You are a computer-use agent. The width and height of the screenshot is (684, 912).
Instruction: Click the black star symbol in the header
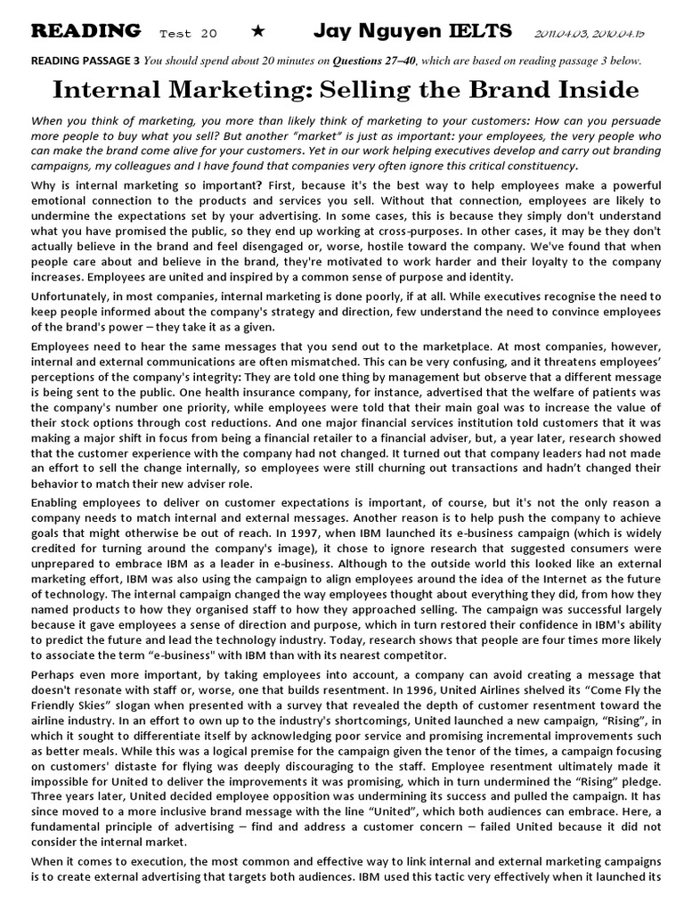click(258, 32)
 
